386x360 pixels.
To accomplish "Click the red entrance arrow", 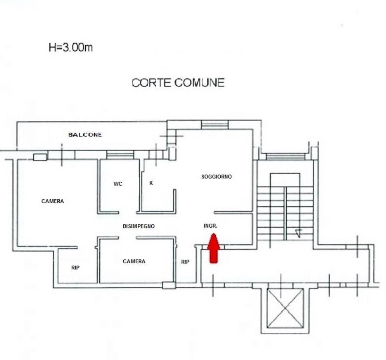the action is [x=213, y=248].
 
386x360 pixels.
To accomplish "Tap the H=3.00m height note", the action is [x=70, y=47].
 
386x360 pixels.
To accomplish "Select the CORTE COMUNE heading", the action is [x=178, y=83].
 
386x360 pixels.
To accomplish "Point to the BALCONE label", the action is [x=85, y=134].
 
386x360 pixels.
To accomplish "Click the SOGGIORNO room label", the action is [x=216, y=176].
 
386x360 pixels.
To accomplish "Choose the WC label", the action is [x=118, y=184].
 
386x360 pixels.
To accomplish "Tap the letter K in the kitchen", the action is [x=151, y=183].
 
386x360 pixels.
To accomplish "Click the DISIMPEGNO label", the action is [x=139, y=226].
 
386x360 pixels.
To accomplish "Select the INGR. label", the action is [x=211, y=226].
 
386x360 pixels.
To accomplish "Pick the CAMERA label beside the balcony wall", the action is [x=52, y=201].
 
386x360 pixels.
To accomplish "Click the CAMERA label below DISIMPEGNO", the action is [x=134, y=261].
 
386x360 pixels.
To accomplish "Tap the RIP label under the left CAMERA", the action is [x=75, y=268].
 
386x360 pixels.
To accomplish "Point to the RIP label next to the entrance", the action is [x=185, y=262].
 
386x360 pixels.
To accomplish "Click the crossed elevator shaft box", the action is [x=285, y=308].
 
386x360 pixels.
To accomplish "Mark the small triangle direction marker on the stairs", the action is [x=298, y=233].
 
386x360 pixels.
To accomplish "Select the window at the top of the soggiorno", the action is [x=215, y=125].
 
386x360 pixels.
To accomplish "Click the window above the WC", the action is [x=120, y=155].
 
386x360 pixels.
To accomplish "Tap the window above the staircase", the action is [x=286, y=157].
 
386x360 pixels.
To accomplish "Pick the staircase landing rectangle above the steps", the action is [x=285, y=180].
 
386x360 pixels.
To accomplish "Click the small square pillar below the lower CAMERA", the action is [x=169, y=285].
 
